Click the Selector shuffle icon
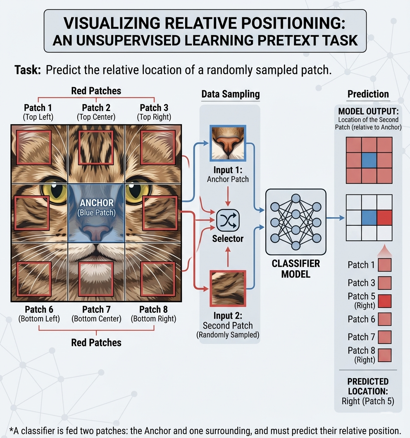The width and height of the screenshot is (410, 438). click(228, 220)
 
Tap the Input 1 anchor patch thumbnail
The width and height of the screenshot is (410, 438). click(228, 143)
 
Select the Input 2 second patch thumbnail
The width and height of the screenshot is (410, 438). click(228, 288)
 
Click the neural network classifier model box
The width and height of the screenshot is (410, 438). click(296, 222)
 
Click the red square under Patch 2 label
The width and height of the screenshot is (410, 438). click(96, 147)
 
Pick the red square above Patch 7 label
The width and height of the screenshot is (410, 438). click(96, 279)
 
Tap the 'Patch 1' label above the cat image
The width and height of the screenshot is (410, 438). click(38, 108)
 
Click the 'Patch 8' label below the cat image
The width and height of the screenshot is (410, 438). click(153, 309)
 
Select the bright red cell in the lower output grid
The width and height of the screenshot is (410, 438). click(384, 218)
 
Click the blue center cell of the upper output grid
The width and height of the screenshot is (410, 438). click(369, 160)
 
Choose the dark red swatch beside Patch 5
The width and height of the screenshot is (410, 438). click(384, 301)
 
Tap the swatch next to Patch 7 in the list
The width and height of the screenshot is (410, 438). click(384, 337)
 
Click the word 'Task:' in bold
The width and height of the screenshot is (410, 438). click(28, 70)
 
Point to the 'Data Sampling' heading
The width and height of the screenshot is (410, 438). click(231, 95)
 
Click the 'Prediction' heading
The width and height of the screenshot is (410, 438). click(368, 94)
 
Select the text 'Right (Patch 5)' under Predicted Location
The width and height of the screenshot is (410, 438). click(368, 401)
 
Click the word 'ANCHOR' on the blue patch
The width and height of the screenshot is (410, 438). click(96, 203)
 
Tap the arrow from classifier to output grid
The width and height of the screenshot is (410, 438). click(335, 218)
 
